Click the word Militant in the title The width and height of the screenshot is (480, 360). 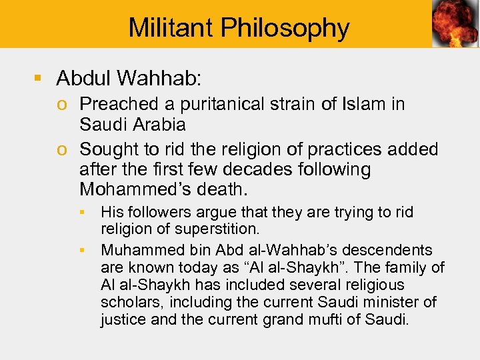pyautogui.click(x=169, y=27)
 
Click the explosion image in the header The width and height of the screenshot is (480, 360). pyautogui.click(x=455, y=24)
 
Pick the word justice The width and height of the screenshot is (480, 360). pyautogui.click(x=123, y=320)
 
